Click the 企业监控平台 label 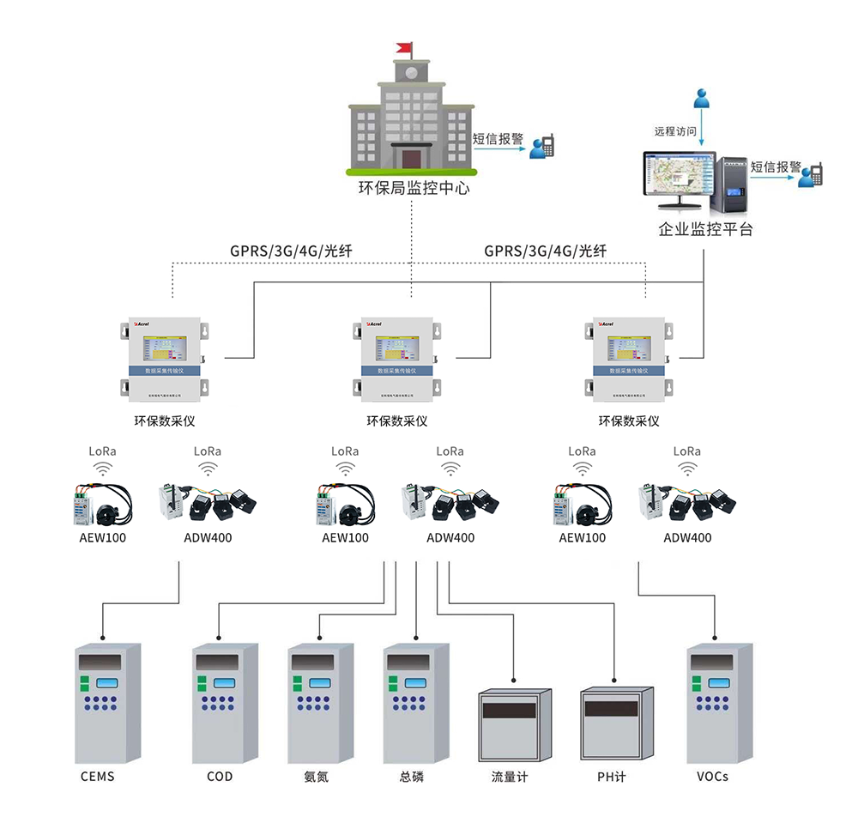(x=705, y=229)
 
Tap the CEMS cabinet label (x=97, y=777)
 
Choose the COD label (x=220, y=777)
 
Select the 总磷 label (x=412, y=777)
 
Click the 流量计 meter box (x=514, y=724)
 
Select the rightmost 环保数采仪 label (x=629, y=421)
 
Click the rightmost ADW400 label (x=687, y=538)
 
